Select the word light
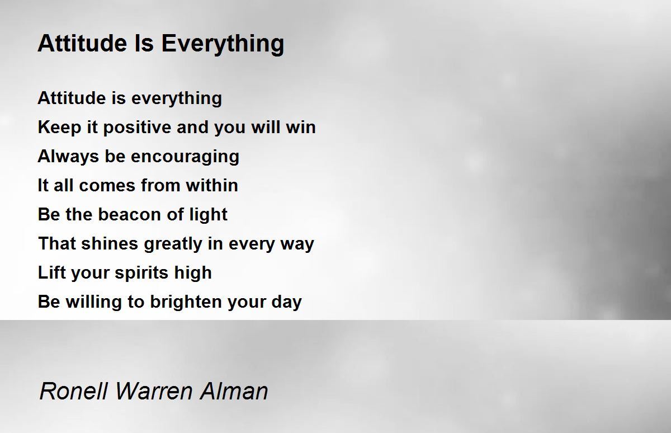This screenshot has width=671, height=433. point(208,215)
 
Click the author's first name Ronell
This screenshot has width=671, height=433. point(74,390)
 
